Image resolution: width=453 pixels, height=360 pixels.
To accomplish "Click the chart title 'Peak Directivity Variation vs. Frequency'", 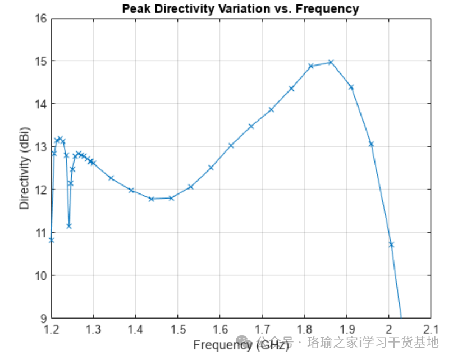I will (241, 8).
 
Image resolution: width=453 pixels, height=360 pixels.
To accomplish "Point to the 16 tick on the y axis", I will (41, 18).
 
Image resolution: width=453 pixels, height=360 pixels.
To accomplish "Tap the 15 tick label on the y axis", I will (41, 61).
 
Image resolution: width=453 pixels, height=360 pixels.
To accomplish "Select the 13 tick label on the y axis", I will (41, 146).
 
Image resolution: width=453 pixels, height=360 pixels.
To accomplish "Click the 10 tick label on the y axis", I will (41, 275).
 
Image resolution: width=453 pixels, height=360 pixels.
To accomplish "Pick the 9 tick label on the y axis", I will (43, 318).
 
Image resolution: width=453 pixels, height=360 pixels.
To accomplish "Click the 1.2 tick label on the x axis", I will (51, 328).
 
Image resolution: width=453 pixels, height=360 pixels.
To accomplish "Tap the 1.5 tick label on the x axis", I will (178, 328).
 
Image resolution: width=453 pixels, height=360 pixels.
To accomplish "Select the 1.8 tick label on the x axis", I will (304, 328).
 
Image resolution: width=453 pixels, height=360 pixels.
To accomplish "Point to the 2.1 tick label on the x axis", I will (431, 328).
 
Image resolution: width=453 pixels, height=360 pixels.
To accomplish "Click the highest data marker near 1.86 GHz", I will (331, 62).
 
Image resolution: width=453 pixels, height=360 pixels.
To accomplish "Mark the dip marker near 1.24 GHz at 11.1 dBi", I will (69, 226).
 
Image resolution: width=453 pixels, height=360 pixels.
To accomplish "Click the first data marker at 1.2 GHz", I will (52, 240).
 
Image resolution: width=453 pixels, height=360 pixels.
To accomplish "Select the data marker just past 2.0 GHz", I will (391, 244).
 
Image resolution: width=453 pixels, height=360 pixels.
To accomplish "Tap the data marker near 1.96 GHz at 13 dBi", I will (371, 144).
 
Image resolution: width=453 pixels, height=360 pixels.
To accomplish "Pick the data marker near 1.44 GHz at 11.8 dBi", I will (151, 199).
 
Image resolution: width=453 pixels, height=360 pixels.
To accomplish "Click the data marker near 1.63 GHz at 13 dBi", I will (231, 145).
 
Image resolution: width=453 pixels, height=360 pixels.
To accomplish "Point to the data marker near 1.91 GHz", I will (351, 87).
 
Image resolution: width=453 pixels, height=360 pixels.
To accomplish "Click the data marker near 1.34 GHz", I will (111, 178).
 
